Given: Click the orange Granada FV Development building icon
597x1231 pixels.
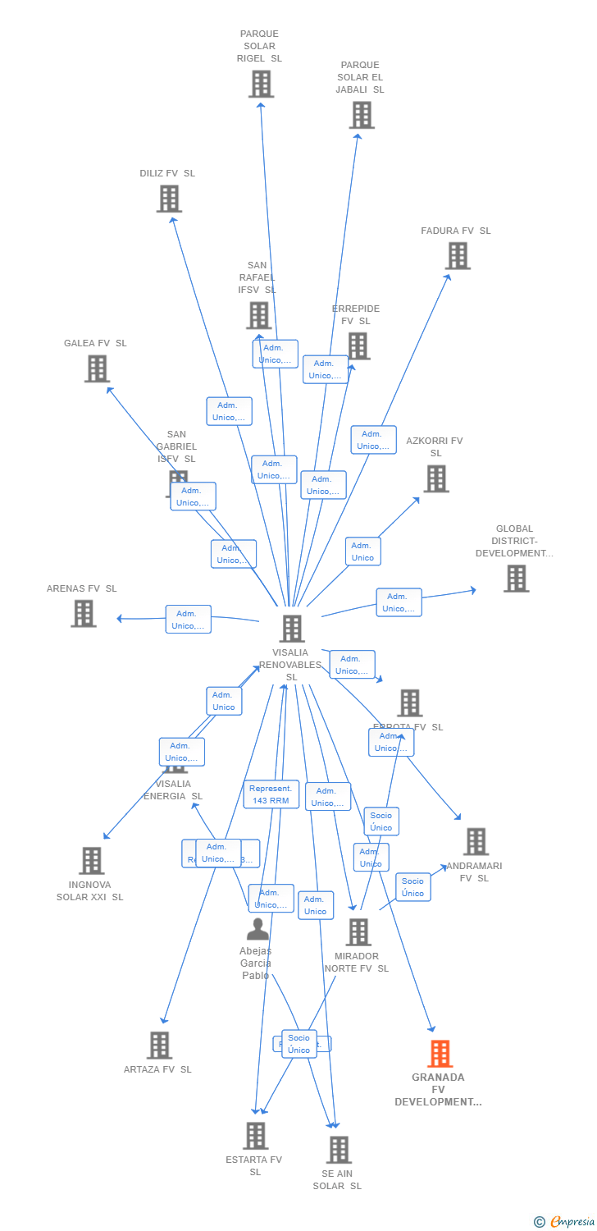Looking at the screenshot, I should (440, 1054).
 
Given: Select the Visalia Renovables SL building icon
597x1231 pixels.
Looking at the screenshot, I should (292, 629).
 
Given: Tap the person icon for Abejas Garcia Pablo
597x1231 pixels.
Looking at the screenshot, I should (257, 930).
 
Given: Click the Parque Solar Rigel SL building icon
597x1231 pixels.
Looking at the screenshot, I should (261, 84).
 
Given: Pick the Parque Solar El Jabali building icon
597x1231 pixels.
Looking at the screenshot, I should (362, 115).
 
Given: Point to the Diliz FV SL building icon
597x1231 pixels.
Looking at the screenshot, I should (169, 199).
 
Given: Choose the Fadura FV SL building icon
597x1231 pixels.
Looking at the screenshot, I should (458, 256).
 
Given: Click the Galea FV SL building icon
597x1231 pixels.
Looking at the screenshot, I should (97, 368).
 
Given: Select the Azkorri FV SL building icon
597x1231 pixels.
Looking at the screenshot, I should (436, 478).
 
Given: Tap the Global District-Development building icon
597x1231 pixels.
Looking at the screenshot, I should (516, 579).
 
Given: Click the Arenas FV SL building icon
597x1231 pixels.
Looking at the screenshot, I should (84, 613).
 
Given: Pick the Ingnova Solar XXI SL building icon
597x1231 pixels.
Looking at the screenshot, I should (92, 861).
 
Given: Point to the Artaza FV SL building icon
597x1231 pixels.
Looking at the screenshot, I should (160, 1046).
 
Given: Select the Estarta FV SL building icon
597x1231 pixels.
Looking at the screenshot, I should (256, 1136).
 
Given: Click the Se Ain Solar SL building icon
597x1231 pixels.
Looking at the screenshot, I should (339, 1150).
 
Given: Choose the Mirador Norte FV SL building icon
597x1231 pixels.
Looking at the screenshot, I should (358, 932).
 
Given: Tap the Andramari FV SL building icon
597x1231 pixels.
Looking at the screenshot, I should (476, 842).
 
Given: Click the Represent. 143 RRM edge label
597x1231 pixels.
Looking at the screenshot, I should (271, 794).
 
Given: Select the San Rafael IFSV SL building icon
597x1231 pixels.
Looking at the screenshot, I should (258, 315).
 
